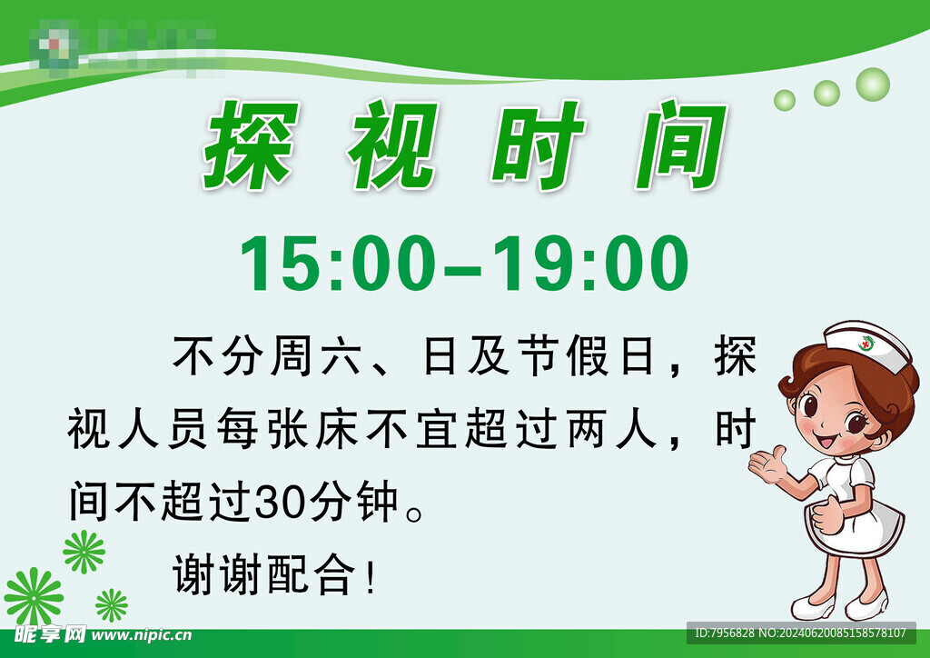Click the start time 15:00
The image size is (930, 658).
[332, 264]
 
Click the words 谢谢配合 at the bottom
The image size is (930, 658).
[265, 576]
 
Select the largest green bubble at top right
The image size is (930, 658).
[873, 85]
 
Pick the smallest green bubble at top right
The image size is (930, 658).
[785, 100]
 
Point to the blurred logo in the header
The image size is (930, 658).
[127, 47]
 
